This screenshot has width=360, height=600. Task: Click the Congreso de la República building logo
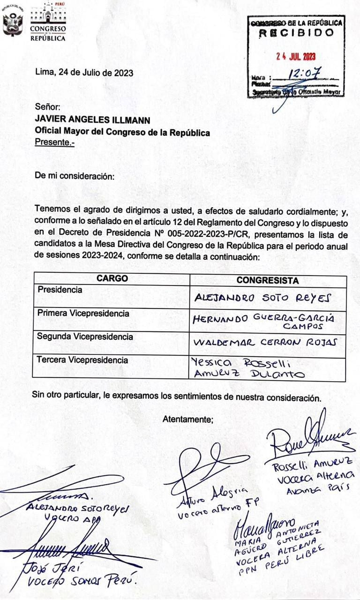(48, 21)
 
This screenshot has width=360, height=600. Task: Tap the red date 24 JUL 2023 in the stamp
(296, 56)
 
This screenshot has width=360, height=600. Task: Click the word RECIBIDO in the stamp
(296, 33)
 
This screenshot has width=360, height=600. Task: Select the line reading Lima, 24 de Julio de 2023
(84, 73)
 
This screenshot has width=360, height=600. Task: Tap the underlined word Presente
(54, 142)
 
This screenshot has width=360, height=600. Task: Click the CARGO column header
(112, 278)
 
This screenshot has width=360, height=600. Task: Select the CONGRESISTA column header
(268, 280)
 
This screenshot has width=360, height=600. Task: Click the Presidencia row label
(60, 290)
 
